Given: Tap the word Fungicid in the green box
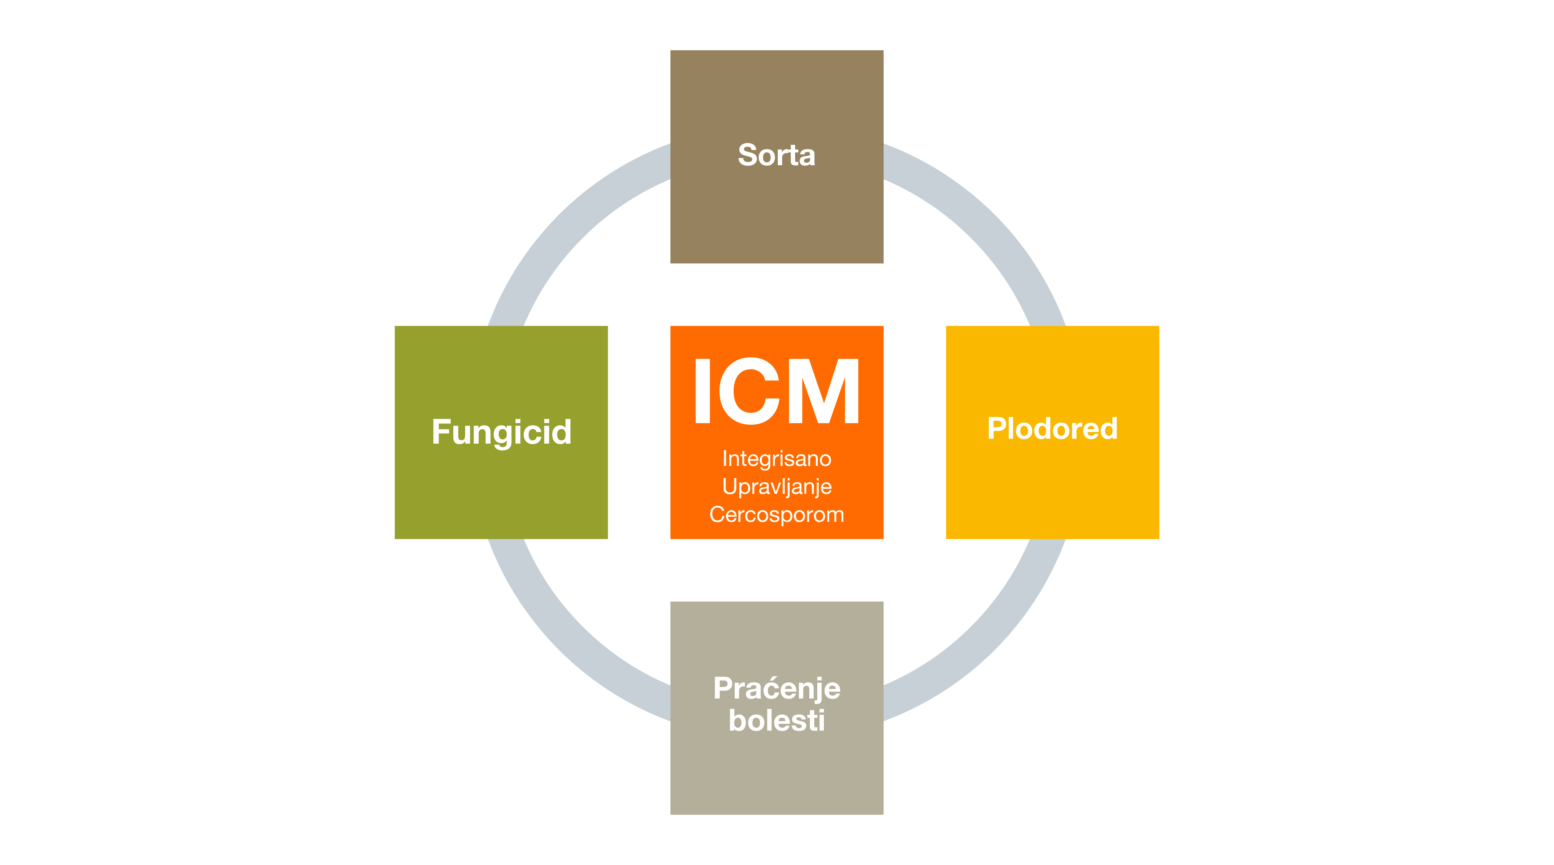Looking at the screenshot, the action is click(501, 432).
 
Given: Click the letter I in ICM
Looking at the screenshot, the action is click(702, 391).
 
